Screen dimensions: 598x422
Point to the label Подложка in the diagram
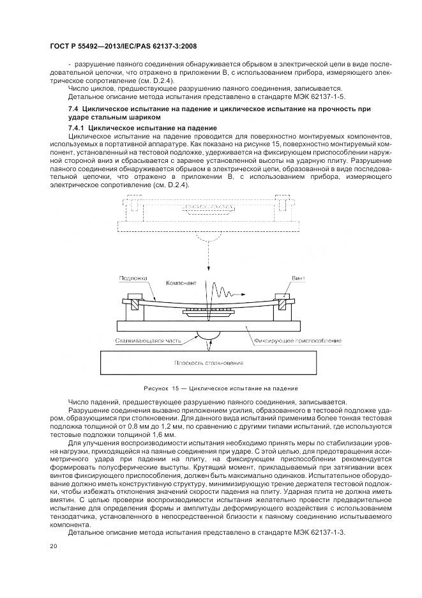pos(132,279)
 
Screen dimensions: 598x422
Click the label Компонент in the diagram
pos(181,282)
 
